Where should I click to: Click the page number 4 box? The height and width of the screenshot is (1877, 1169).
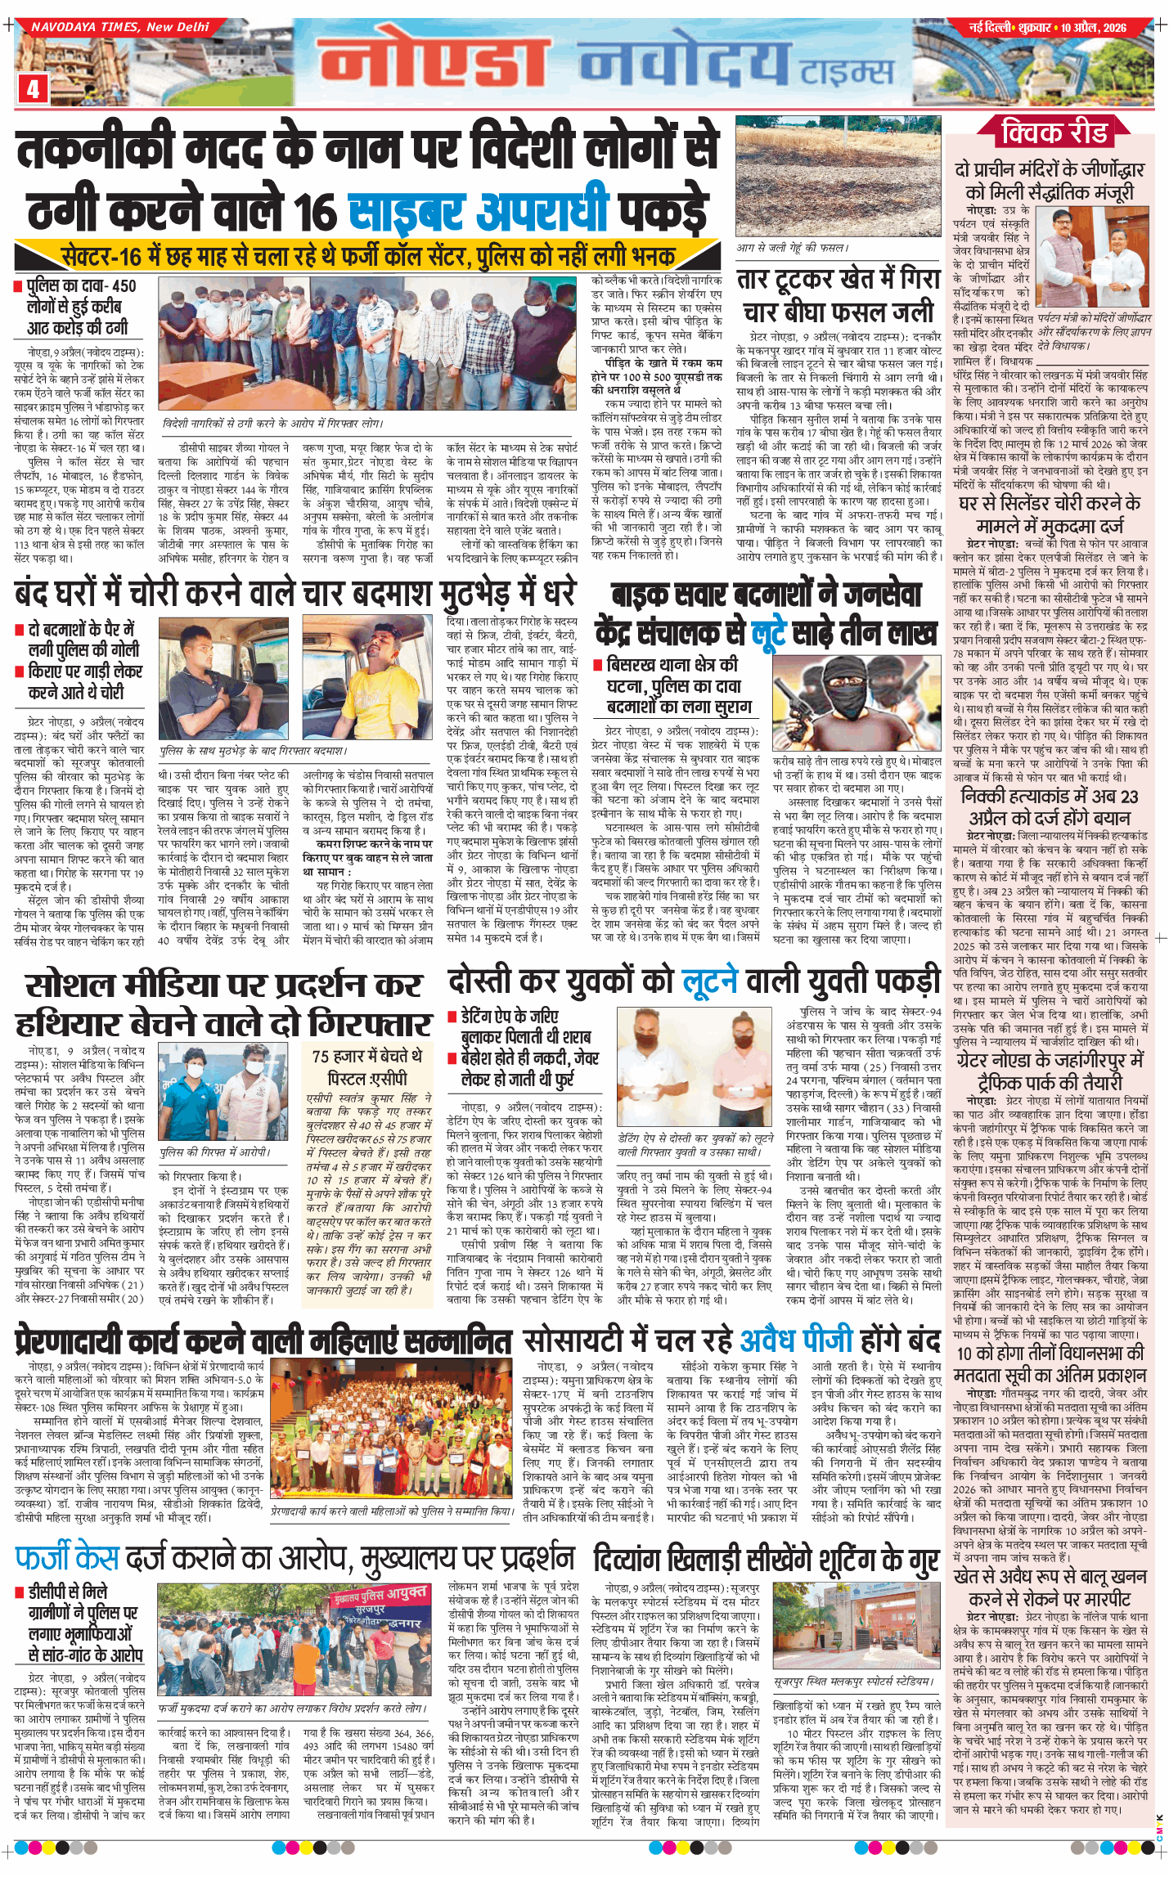pyautogui.click(x=33, y=88)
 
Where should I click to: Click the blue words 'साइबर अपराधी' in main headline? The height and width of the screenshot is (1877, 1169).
pyautogui.click(x=479, y=211)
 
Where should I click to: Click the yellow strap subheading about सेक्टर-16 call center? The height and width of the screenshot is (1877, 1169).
pyautogui.click(x=367, y=256)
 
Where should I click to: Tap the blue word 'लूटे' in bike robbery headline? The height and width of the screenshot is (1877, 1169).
pyautogui.click(x=769, y=632)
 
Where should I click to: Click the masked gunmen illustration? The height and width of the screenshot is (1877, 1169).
pyautogui.click(x=857, y=702)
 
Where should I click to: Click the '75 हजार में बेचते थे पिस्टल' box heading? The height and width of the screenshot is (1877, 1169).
pyautogui.click(x=367, y=1066)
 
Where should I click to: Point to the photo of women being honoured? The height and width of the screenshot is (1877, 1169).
pyautogui.click(x=391, y=1436)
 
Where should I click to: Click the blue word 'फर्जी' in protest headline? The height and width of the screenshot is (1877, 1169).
pyautogui.click(x=55, y=1556)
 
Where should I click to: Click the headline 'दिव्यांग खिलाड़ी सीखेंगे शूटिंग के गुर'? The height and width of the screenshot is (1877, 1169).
pyautogui.click(x=764, y=1559)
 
